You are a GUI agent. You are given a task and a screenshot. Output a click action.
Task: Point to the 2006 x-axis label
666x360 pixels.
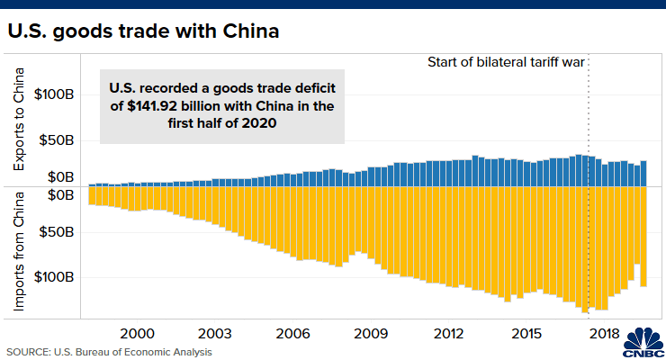[x=294, y=333]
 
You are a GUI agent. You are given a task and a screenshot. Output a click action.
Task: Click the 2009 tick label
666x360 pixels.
[x=371, y=333]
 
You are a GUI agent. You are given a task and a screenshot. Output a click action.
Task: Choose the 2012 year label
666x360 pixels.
[x=448, y=333]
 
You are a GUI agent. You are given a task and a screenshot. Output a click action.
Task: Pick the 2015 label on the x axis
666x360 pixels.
[x=526, y=333]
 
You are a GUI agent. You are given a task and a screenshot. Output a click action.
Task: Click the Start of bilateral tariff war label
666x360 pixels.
[x=510, y=63]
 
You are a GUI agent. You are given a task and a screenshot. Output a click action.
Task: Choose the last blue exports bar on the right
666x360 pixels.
[x=643, y=173]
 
